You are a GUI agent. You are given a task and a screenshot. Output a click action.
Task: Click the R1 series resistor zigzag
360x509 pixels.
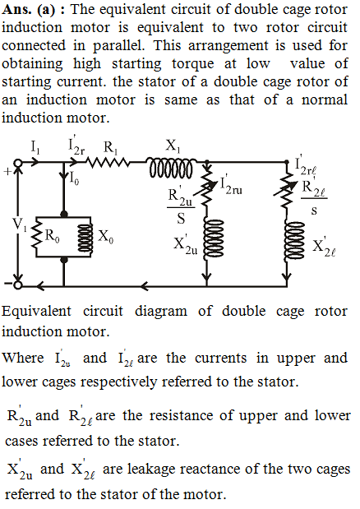coord(108,162)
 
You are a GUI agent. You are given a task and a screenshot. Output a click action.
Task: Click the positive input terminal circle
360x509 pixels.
coord(18,162)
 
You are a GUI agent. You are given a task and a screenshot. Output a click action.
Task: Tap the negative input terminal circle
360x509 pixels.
coord(18,285)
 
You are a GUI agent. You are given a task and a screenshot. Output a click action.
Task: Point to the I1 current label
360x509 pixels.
coord(35,147)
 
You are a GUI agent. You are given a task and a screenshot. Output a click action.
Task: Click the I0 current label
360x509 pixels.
coord(74,178)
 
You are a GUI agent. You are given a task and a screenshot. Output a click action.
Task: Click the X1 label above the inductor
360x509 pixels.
coord(173,146)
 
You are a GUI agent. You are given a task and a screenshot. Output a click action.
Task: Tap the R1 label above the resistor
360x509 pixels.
coord(111,148)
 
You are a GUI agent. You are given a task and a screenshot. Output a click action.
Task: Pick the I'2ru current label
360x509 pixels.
coord(231,185)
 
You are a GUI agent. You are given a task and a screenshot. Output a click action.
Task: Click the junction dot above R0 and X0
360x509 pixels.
coord(64,213)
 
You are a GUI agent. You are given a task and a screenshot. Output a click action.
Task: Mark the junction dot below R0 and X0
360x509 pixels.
coord(64,259)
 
